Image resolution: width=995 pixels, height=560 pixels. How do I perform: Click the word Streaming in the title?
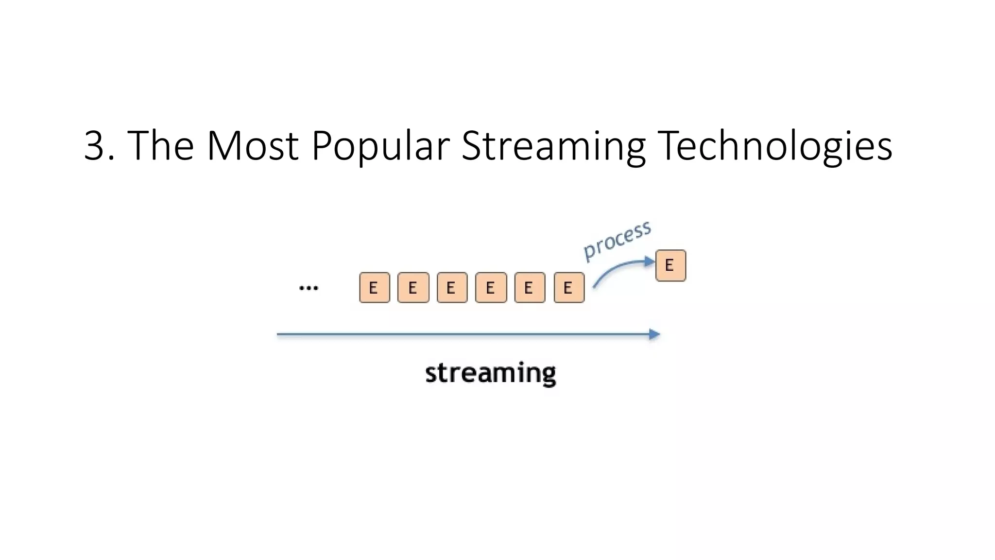click(x=553, y=146)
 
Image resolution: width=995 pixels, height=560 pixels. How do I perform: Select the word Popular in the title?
click(x=380, y=146)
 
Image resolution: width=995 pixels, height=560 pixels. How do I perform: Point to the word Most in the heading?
click(x=252, y=146)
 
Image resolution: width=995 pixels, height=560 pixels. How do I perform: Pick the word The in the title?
click(x=160, y=146)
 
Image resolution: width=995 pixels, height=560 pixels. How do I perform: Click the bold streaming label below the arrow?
click(x=490, y=373)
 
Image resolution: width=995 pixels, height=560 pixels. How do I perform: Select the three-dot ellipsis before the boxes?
click(x=309, y=288)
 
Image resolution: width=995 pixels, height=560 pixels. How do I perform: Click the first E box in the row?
click(x=375, y=288)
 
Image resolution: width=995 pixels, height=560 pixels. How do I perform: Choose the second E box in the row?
click(x=413, y=288)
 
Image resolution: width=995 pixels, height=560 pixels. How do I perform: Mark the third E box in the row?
click(x=452, y=288)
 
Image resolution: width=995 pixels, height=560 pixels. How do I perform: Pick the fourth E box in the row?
click(x=491, y=288)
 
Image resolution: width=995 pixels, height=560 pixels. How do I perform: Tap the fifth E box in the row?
click(x=530, y=288)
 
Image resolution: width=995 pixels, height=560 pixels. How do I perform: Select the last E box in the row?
click(x=569, y=288)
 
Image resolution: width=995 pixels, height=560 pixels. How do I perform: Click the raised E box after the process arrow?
click(x=670, y=265)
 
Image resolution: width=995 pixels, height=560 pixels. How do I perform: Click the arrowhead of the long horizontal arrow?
click(x=654, y=334)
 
